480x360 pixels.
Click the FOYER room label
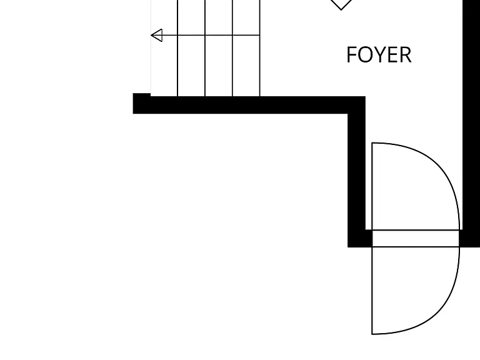click(x=379, y=55)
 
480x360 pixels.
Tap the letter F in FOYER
click(x=352, y=55)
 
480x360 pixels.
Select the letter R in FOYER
click(x=406, y=55)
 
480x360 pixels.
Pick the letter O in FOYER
click(x=364, y=55)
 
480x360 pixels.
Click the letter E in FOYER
click(x=392, y=55)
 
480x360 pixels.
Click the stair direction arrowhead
click(x=157, y=35)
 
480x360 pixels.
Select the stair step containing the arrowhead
click(x=164, y=48)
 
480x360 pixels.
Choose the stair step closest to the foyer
click(x=246, y=48)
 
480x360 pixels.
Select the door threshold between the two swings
click(x=416, y=238)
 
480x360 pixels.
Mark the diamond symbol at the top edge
click(x=341, y=4)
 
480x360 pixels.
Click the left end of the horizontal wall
click(x=133, y=104)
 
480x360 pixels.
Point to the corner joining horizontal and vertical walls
click(x=357, y=105)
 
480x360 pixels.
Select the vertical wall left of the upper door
click(x=357, y=171)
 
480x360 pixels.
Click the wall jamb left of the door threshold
click(x=360, y=238)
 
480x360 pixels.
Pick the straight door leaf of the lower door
click(x=372, y=291)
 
